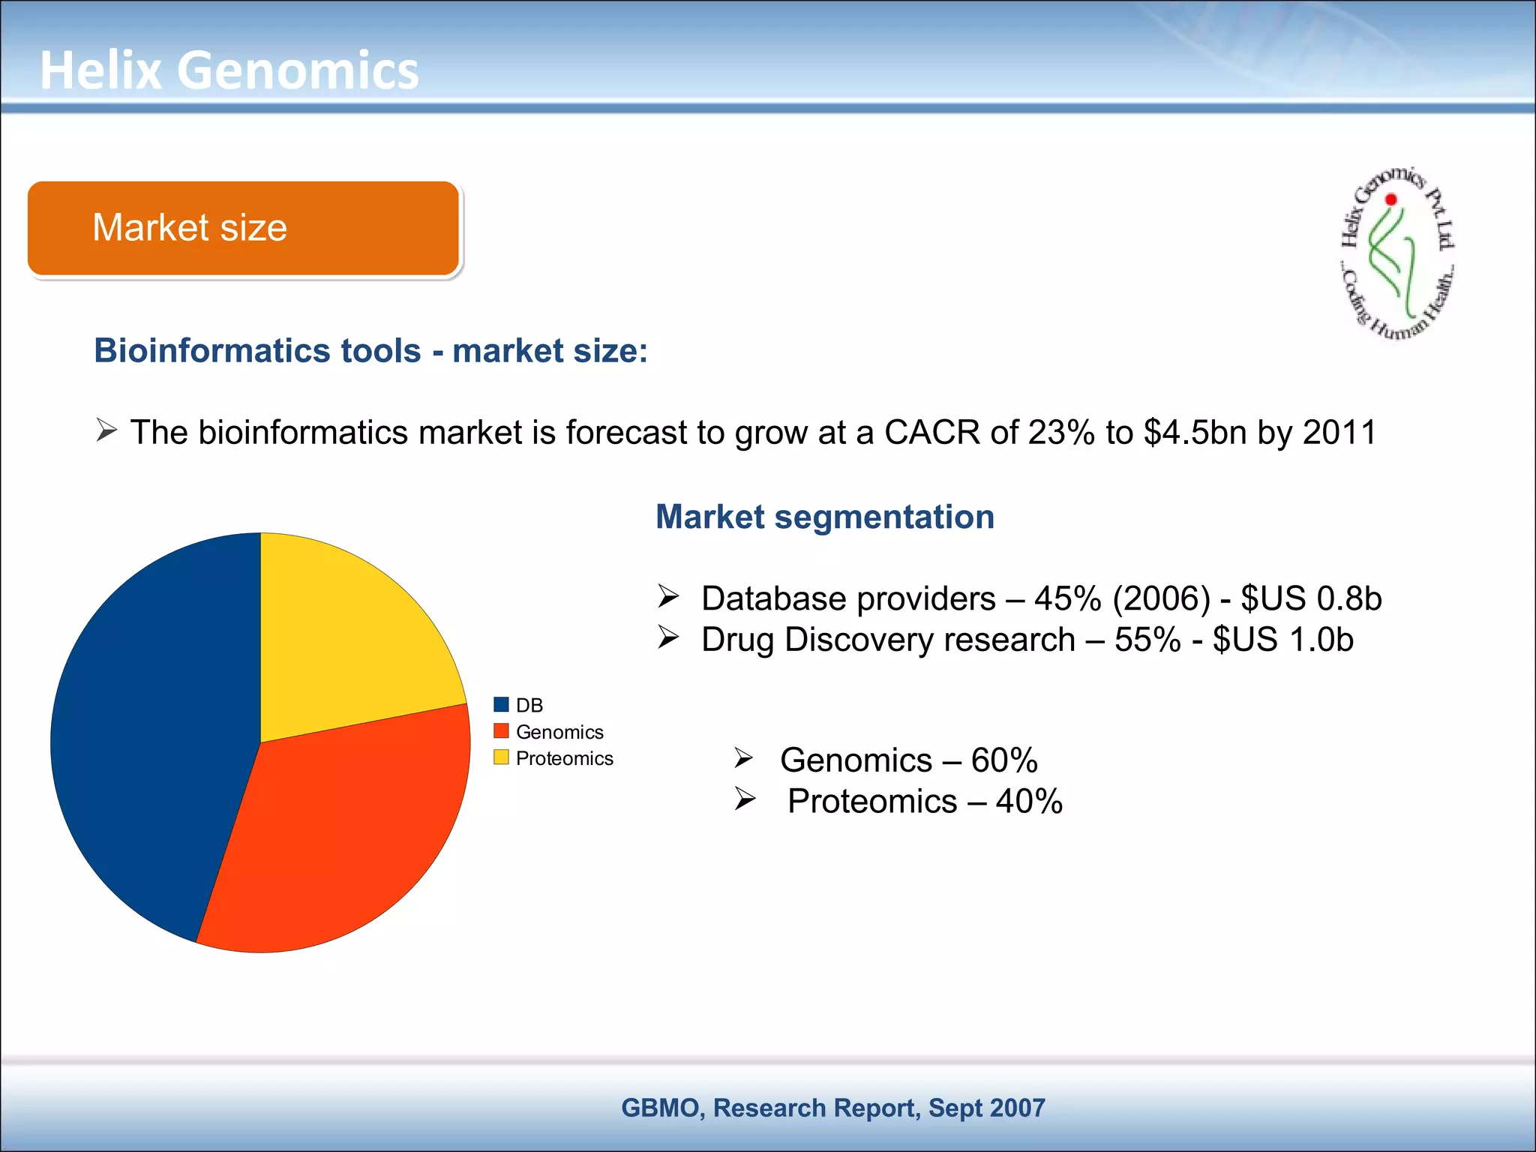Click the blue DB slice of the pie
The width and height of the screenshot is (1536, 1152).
coord(150,742)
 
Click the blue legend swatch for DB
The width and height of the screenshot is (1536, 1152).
coord(501,704)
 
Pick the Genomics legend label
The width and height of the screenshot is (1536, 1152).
coord(559,732)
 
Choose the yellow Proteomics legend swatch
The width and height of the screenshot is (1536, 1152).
coord(501,757)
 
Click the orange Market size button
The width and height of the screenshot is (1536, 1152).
coord(243,228)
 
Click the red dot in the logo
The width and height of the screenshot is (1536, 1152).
coord(1391,199)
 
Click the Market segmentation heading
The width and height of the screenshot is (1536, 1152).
coord(825,517)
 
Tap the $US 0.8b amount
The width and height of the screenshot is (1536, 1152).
coord(1311,598)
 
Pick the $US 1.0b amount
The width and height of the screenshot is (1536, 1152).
coord(1282,640)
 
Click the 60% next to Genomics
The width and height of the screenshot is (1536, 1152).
coord(1004,760)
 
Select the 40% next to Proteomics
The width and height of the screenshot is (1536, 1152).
coord(1029,802)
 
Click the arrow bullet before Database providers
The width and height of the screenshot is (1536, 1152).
coord(668,597)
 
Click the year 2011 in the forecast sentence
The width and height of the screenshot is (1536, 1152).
coord(1339,433)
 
